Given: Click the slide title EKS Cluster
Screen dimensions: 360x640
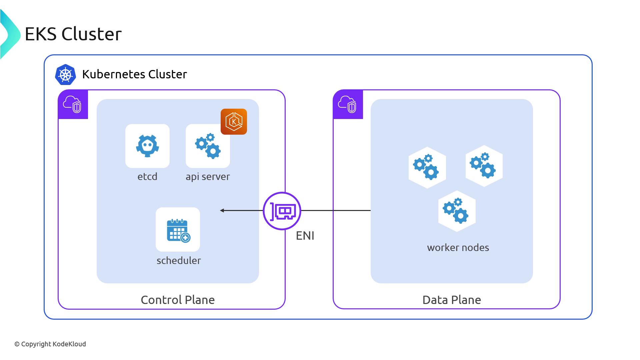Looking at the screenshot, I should point(73,34).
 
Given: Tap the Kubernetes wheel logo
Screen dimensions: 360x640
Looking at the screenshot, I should point(65,74).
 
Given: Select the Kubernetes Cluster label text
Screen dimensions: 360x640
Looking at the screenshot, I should point(134,74).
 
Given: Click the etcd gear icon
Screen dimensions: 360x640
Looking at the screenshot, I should point(147,146).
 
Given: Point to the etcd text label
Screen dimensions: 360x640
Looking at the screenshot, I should point(147,176).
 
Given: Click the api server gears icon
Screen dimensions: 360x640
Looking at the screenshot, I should point(207,146).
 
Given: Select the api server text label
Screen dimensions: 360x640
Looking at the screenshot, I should point(208,176).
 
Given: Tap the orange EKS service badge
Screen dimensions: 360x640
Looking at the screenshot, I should point(234,122).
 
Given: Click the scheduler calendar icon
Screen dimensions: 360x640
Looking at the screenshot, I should point(178,230).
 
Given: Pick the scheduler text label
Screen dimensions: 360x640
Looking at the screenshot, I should point(179,260).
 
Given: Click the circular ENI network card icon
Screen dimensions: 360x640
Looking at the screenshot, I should point(282,211).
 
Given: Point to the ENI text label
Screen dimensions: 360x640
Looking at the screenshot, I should point(305,236).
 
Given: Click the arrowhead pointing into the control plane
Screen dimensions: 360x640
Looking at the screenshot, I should point(222,210).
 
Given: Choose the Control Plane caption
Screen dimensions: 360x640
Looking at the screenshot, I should point(178,300).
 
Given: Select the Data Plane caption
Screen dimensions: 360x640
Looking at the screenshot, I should point(452,300).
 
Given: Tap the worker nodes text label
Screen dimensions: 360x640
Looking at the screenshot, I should point(458,247).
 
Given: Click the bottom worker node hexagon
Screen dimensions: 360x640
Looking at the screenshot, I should point(457,211).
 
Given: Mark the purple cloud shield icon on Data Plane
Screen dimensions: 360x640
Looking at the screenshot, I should point(348,104).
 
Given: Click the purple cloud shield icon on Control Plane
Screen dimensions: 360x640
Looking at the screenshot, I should point(73,104).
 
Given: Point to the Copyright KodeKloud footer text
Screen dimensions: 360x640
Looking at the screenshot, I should point(50,344).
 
